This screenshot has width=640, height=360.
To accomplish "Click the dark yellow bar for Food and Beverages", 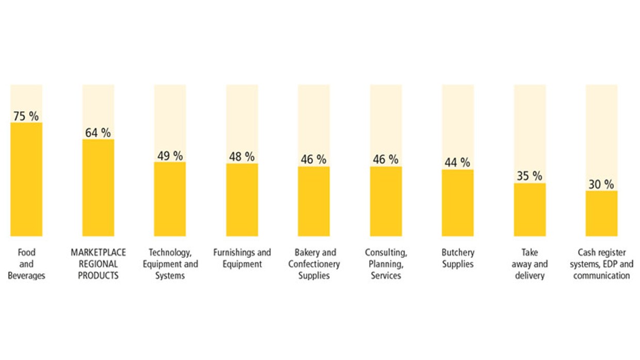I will pyautogui.click(x=26, y=179).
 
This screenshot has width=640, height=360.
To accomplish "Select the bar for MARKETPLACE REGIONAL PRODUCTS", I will pyautogui.click(x=98, y=187).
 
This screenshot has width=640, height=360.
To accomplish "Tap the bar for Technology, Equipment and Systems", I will pyautogui.click(x=170, y=199).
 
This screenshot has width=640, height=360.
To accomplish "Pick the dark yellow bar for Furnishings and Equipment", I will pyautogui.click(x=242, y=200).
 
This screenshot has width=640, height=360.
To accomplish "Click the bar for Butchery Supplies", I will pyautogui.click(x=457, y=203).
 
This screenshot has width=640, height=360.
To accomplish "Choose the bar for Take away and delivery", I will pyautogui.click(x=530, y=209).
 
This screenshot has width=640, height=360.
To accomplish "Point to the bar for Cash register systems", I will pyautogui.click(x=601, y=214).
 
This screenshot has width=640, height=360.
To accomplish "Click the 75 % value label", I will pyautogui.click(x=26, y=116).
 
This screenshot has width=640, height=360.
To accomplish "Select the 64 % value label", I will pyautogui.click(x=98, y=133).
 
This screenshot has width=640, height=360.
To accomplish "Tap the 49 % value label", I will pyautogui.click(x=170, y=156).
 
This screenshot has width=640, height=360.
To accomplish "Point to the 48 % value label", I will pyautogui.click(x=242, y=157).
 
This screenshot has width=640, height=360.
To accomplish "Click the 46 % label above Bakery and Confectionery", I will pyautogui.click(x=314, y=159).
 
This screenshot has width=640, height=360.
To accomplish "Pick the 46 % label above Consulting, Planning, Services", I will pyautogui.click(x=386, y=159).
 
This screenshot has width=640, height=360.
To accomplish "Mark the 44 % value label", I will pyautogui.click(x=457, y=162).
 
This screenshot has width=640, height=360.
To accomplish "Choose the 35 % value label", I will pyautogui.click(x=530, y=176).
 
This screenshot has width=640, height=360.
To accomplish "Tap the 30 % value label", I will pyautogui.click(x=601, y=184).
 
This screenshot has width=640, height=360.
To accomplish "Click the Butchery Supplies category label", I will pyautogui.click(x=457, y=258).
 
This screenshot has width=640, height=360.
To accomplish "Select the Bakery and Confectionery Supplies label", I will pyautogui.click(x=314, y=264).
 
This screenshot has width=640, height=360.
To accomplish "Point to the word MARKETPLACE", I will pyautogui.click(x=98, y=252).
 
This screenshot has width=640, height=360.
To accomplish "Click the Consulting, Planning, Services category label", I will pyautogui.click(x=386, y=264).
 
